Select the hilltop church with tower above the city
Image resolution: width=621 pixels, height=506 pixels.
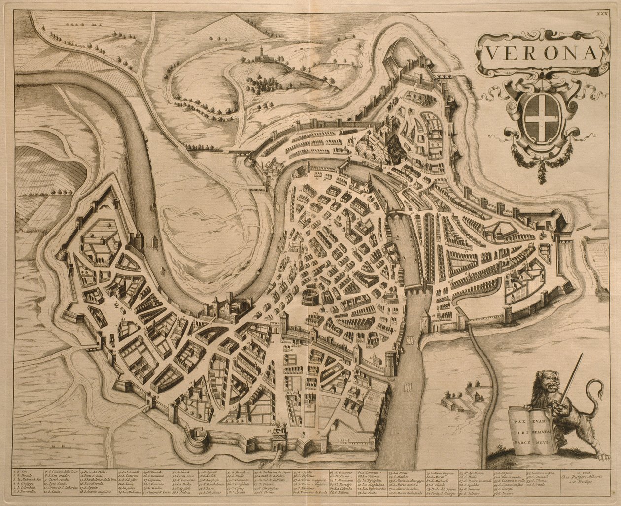(x=260, y=55)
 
